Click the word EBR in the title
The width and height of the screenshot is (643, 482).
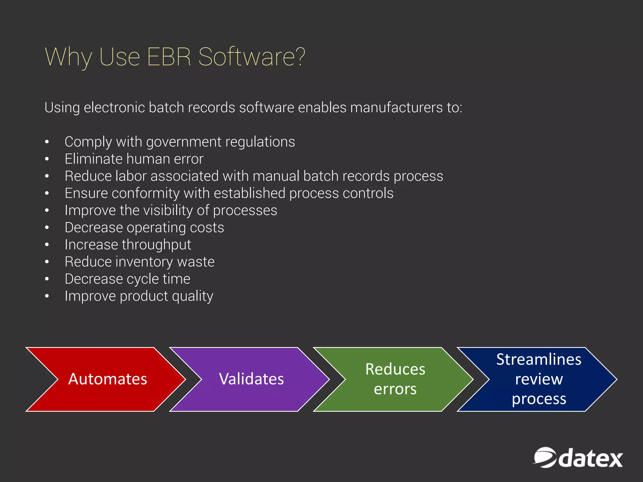pyautogui.click(x=169, y=57)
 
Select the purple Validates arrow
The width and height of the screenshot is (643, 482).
pyautogui.click(x=251, y=379)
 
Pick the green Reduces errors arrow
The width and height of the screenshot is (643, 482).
pyautogui.click(x=395, y=379)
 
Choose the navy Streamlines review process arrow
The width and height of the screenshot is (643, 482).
pyautogui.click(x=539, y=379)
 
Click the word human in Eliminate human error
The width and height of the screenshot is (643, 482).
pyautogui.click(x=148, y=159)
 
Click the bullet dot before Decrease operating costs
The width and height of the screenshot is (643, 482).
pyautogui.click(x=47, y=227)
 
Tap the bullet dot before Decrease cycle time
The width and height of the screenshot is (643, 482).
pyautogui.click(x=47, y=279)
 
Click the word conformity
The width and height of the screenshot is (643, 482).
pyautogui.click(x=145, y=193)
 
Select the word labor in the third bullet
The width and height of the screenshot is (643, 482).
pyautogui.click(x=131, y=176)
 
